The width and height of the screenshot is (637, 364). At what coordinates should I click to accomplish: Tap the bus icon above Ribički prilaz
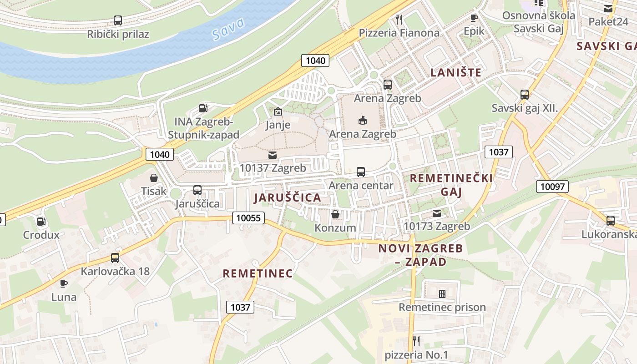[x=117, y=20]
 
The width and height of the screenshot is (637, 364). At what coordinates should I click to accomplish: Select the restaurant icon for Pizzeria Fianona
[x=399, y=19]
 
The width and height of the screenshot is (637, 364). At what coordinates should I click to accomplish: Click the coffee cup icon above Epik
[x=474, y=18]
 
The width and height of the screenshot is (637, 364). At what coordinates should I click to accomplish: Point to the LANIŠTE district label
[x=455, y=72]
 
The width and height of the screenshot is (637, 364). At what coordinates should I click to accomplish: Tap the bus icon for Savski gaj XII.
[x=524, y=95]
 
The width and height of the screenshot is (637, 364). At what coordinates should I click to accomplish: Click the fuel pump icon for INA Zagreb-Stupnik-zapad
[x=203, y=108]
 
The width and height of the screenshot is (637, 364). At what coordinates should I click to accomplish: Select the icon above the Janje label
[x=278, y=111]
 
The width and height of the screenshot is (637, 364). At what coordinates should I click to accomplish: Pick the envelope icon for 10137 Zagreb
[x=273, y=155]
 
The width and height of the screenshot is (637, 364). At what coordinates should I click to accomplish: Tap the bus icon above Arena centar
[x=360, y=172]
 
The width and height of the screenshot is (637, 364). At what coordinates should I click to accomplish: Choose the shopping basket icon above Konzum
[x=335, y=214]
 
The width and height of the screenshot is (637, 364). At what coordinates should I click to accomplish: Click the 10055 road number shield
[x=248, y=218]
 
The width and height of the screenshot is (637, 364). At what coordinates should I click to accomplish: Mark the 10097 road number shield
[x=552, y=186]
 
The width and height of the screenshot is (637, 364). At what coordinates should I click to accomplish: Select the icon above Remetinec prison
[x=442, y=294]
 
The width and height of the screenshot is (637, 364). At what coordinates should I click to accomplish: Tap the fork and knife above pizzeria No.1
[x=416, y=341]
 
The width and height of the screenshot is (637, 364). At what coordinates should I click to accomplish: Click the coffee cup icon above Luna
[x=64, y=284]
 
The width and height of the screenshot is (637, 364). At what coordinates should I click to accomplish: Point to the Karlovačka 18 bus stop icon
[x=115, y=258]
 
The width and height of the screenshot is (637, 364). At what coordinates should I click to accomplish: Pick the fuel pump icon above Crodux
[x=41, y=222]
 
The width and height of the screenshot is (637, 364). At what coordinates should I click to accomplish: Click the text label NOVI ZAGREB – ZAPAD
[x=420, y=255]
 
